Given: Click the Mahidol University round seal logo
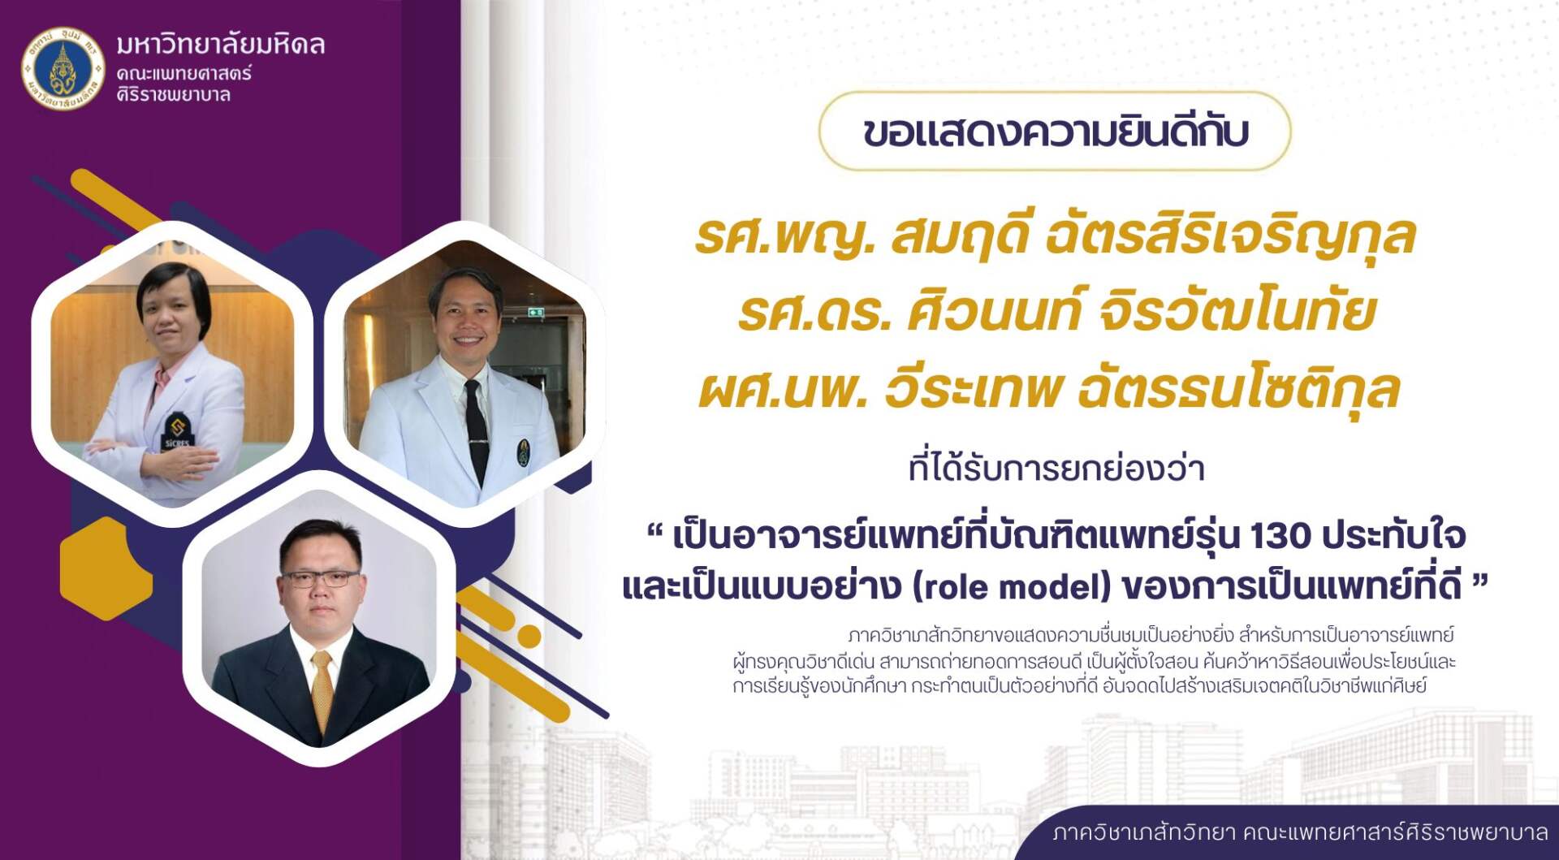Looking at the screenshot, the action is coord(63,69).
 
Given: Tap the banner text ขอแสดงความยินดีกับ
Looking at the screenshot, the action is coord(1055,132).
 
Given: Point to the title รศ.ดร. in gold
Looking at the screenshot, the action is coord(814,312).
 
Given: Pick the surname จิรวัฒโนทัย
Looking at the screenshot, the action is coord(1235,312).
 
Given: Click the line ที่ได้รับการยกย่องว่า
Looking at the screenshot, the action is coord(1056,469).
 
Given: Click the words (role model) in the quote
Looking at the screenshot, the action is coord(1012,587).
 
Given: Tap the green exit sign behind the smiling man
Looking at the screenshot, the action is coord(536,311).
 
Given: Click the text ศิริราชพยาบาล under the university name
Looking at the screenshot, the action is coord(173,95).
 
